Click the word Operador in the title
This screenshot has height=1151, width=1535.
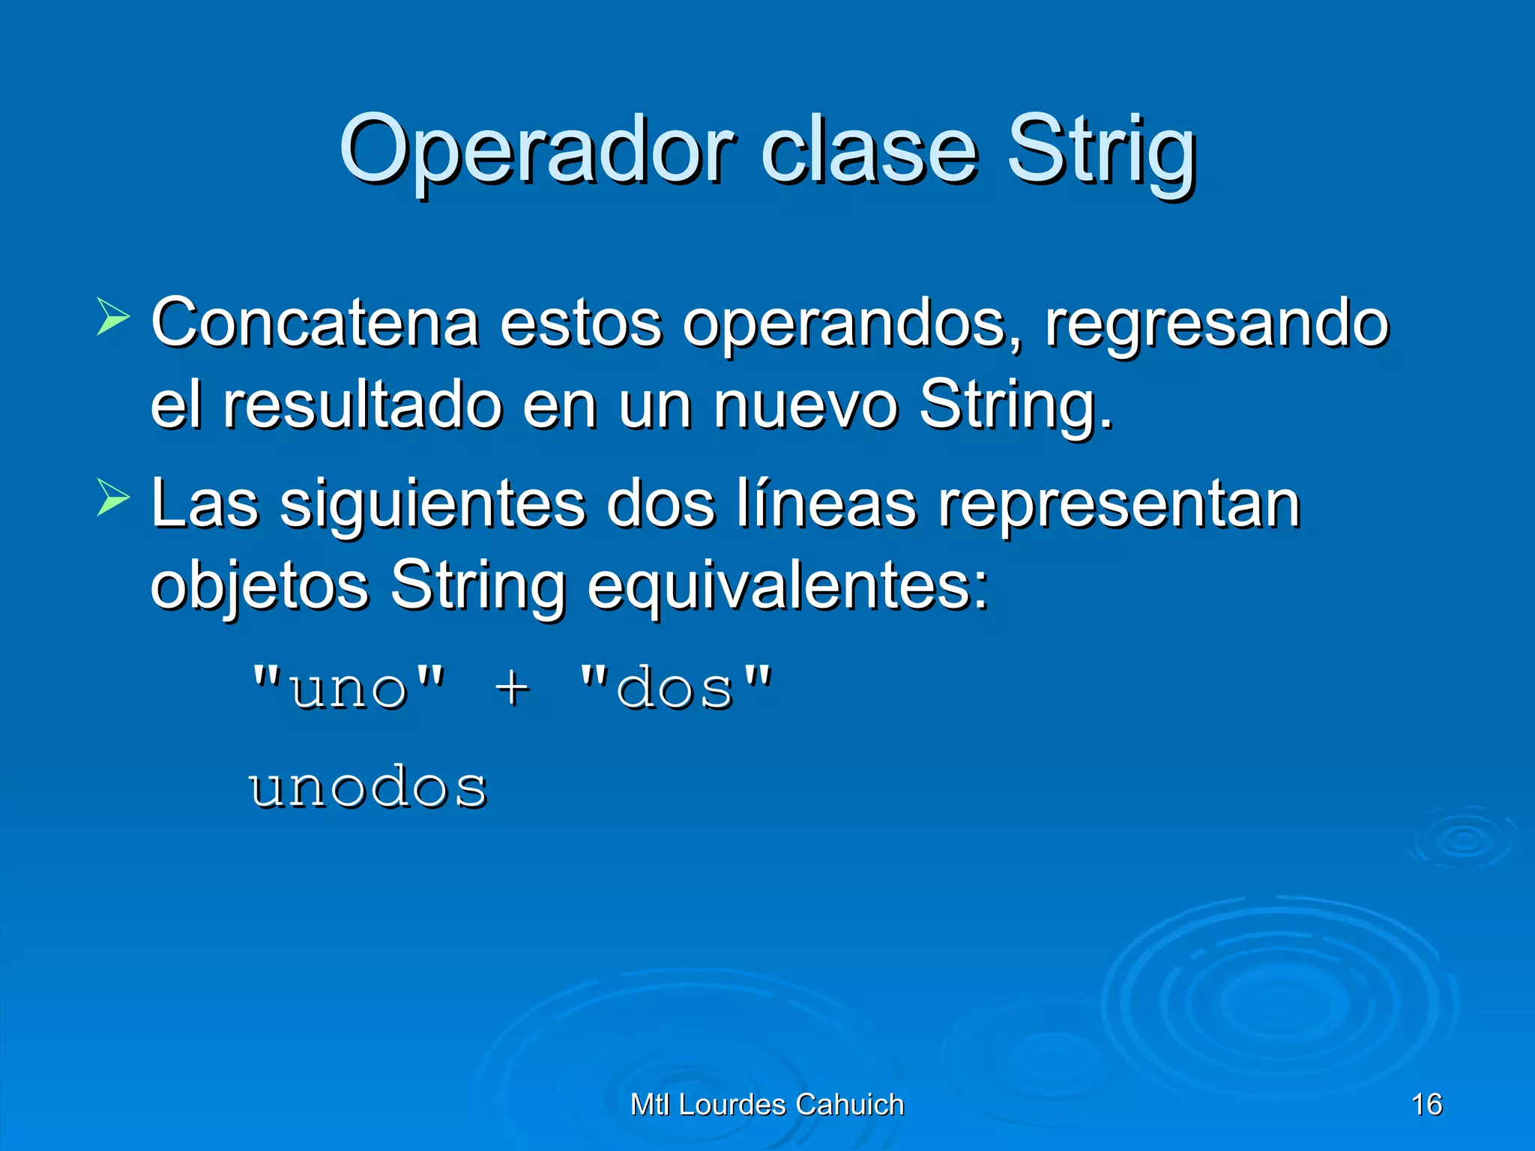(x=535, y=150)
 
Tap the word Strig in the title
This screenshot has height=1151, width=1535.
(x=1101, y=150)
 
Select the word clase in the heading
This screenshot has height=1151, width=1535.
(x=869, y=150)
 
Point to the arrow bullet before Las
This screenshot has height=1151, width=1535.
(x=113, y=498)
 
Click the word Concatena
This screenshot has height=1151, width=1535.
(x=315, y=323)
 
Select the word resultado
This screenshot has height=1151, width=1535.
(x=363, y=405)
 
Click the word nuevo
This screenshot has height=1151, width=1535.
(x=806, y=405)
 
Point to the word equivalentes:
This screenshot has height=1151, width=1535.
(x=788, y=587)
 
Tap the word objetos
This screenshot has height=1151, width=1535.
(x=259, y=587)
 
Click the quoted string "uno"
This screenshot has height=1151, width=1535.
(x=349, y=686)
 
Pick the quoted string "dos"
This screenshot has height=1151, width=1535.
(x=675, y=686)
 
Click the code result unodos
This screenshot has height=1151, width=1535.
(x=368, y=787)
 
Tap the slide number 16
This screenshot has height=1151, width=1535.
(x=1426, y=1105)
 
